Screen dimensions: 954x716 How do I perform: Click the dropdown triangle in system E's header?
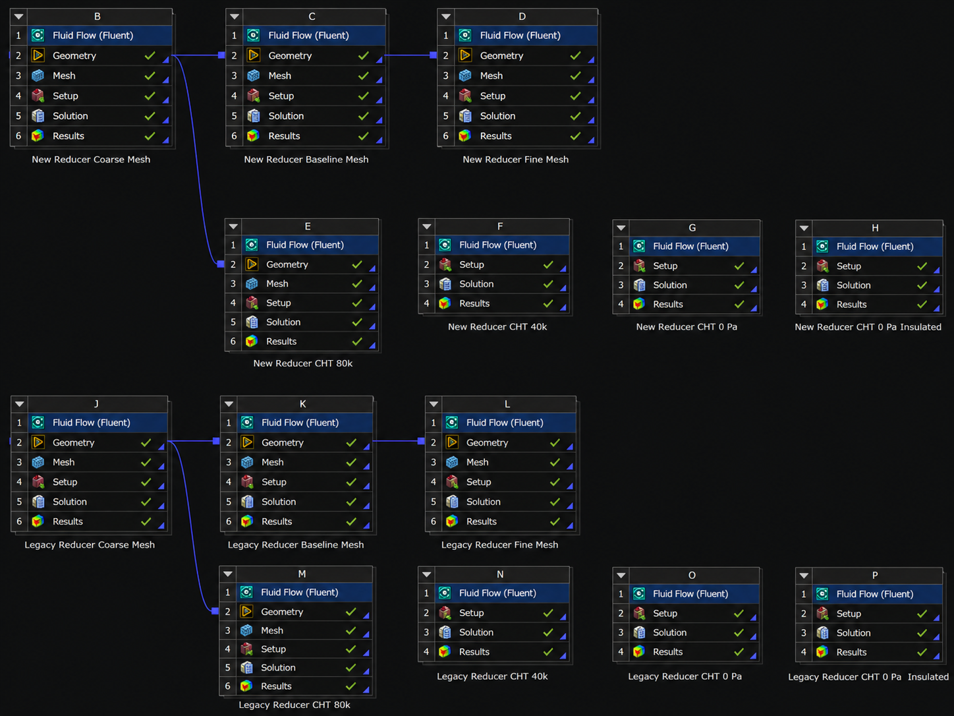[233, 227]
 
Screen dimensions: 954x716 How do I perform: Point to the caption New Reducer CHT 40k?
[497, 326]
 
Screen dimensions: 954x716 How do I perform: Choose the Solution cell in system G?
[694, 285]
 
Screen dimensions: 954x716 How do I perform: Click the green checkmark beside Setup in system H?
[922, 266]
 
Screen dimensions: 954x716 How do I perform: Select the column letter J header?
[96, 404]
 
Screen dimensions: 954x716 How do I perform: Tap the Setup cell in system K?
[304, 482]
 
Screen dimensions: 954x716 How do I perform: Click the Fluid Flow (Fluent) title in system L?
[505, 423]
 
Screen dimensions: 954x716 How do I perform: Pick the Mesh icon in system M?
[246, 630]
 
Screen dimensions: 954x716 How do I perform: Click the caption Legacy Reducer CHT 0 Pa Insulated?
[868, 676]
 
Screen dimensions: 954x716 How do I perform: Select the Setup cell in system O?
[694, 613]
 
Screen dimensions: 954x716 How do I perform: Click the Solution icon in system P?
[822, 633]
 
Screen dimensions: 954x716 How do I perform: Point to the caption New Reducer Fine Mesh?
[515, 160]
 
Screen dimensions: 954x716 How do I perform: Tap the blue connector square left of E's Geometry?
[220, 264]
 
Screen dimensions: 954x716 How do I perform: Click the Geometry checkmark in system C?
[363, 55]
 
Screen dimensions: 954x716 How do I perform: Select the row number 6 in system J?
[19, 522]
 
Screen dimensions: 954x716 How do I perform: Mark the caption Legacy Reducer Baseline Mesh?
[296, 545]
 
